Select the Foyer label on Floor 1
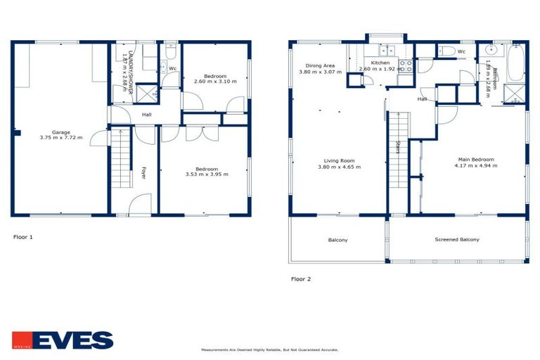coord(143,172)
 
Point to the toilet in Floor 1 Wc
coord(170,52)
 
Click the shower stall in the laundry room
coord(146,94)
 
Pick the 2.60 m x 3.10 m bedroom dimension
coord(215,82)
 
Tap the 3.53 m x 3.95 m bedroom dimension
coord(207,175)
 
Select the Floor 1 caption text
coord(23,237)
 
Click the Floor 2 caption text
coord(301,278)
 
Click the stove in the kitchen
coord(406,66)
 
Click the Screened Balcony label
coord(456,240)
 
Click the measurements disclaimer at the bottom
coord(269,349)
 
